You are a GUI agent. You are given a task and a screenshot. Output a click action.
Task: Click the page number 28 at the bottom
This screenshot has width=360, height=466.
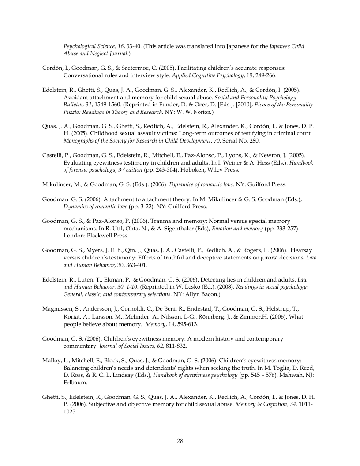coord(180,440)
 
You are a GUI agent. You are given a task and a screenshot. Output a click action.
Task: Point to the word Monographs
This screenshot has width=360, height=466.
coord(80,141)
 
